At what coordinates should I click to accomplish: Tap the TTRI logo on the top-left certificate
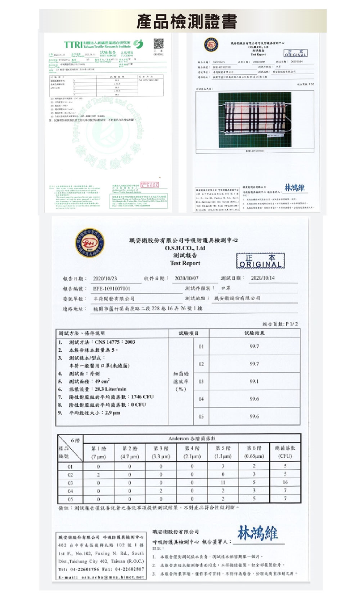(73, 45)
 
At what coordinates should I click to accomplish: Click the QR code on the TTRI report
(159, 44)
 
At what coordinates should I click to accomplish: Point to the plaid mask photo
(255, 119)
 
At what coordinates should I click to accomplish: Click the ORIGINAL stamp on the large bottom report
(260, 261)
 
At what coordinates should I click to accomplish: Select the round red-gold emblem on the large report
(90, 243)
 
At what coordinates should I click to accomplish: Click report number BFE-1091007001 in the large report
(112, 289)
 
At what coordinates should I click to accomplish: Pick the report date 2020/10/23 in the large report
(105, 279)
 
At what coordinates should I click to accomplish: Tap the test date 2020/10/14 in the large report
(262, 278)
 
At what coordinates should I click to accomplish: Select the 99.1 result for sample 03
(254, 381)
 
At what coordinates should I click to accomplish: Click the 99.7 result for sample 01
(254, 346)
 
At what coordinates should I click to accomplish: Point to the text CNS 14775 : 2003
(115, 342)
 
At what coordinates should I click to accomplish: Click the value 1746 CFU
(142, 397)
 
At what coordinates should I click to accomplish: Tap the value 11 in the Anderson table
(223, 483)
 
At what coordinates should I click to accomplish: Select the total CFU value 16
(285, 483)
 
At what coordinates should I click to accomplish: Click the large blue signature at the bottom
(258, 533)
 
